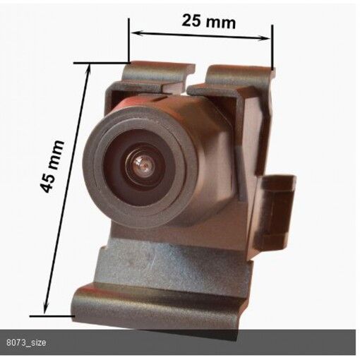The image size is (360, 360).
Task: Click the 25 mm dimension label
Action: [x=208, y=21]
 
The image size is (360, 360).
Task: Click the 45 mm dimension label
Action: [x=52, y=167]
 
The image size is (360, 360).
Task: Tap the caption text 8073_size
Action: [x=26, y=342]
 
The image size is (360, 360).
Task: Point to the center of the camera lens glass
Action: [x=143, y=165]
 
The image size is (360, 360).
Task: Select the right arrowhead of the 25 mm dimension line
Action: [x=264, y=37]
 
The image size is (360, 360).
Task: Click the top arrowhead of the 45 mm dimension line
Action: [x=89, y=68]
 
